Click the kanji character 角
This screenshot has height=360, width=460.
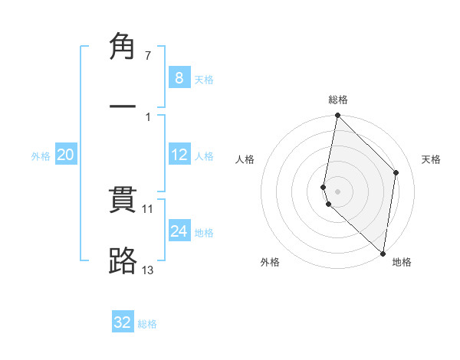(123, 47)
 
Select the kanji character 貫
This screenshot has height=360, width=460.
(123, 201)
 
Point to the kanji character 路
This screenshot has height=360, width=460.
(123, 261)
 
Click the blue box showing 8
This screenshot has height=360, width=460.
(179, 77)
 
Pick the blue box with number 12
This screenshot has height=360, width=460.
(179, 155)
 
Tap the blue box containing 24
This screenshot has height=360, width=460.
(179, 231)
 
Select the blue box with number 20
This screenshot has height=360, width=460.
(65, 155)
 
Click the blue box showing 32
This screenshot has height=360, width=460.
(123, 322)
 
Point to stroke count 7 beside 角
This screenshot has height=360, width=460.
(148, 56)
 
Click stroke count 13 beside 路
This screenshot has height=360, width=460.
(148, 270)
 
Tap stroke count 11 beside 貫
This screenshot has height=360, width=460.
(148, 208)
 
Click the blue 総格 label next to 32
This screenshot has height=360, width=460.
(147, 324)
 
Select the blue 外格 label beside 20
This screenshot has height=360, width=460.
(41, 156)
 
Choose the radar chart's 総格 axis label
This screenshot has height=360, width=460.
(338, 100)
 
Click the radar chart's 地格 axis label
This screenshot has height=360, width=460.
(402, 263)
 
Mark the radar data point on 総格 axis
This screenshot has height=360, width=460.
(337, 116)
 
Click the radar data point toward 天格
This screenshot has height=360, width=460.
(396, 172)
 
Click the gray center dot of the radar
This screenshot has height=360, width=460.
(337, 191)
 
